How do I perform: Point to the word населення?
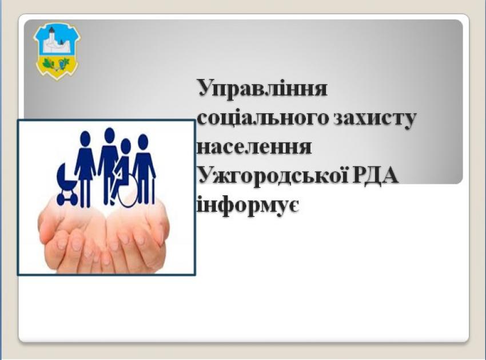254,147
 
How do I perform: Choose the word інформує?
248,205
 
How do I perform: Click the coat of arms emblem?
57,51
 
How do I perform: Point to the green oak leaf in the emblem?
48,64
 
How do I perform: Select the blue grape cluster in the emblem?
65,64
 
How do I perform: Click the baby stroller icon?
67,184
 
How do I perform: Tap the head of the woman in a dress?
85,137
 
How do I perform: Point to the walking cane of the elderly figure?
153,190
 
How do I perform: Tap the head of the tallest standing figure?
109,134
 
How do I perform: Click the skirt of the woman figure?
85,168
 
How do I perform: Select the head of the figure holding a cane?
143,141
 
